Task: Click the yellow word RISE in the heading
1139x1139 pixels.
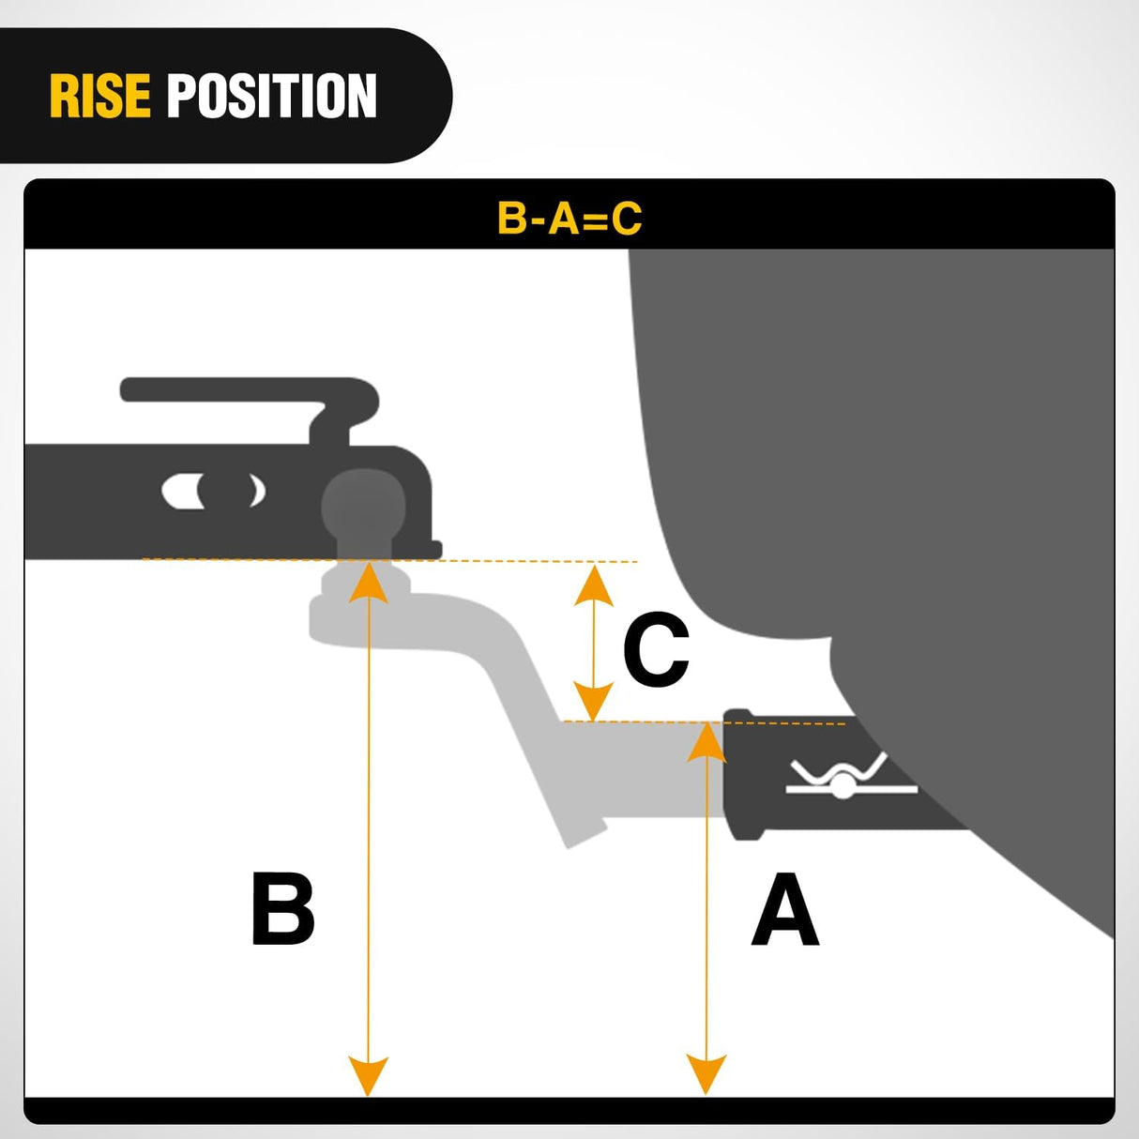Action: tap(99, 96)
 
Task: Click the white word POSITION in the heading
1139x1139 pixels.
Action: tap(271, 96)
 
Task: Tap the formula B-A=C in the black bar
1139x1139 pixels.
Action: tap(569, 219)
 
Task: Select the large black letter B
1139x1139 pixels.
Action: tap(282, 908)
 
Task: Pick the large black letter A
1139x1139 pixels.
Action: tap(785, 908)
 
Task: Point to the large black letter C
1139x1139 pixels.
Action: tap(656, 649)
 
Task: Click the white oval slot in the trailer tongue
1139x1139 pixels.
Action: tap(213, 491)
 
